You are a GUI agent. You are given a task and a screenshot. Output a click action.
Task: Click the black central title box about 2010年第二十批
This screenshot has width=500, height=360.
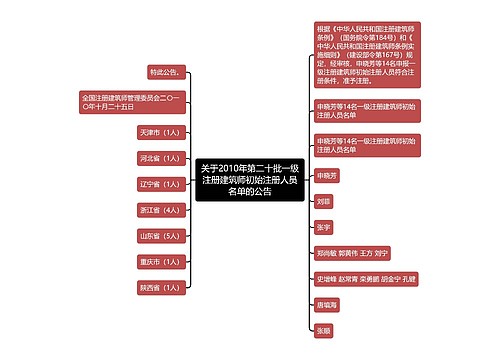(x=248, y=179)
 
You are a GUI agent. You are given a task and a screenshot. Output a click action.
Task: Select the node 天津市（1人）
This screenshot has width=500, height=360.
(x=160, y=131)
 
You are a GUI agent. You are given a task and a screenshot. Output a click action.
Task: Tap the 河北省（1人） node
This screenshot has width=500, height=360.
(x=160, y=157)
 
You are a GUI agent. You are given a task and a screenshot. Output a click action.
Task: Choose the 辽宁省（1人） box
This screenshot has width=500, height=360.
(x=160, y=183)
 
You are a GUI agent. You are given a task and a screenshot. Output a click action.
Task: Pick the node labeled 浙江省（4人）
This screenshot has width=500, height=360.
(x=160, y=209)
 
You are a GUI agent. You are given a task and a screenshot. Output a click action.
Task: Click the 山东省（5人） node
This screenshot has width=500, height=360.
(x=160, y=235)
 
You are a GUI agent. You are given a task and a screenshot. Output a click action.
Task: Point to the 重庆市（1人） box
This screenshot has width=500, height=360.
(x=160, y=261)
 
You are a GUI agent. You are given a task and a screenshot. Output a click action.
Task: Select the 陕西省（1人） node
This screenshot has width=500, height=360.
(x=160, y=287)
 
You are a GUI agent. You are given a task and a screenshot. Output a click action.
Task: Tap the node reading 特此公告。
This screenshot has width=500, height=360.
(x=164, y=72)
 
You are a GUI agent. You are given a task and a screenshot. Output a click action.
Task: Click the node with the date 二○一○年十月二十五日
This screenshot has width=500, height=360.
(x=129, y=102)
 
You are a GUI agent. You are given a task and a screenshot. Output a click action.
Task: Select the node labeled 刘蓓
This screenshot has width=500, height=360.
(x=323, y=201)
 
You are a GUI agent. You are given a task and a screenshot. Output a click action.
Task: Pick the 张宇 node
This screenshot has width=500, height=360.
(x=323, y=227)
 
